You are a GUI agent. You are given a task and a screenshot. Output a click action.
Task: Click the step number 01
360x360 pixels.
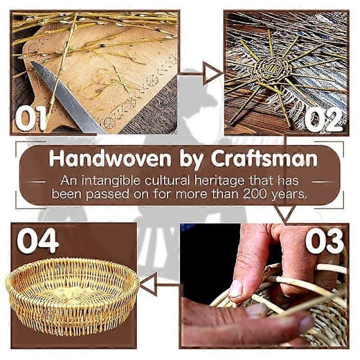click(x=31, y=118)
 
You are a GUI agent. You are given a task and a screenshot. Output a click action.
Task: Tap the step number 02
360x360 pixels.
click(x=324, y=120)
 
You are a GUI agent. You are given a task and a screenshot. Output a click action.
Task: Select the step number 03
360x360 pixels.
click(x=324, y=241)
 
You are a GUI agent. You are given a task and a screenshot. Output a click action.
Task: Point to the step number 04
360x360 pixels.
click(x=38, y=241)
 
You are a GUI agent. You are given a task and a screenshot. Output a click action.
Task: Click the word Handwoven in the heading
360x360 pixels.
click(x=110, y=158)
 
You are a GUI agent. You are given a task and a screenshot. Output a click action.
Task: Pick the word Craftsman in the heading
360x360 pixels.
click(x=264, y=158)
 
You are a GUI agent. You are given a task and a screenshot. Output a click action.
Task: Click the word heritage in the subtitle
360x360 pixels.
click(x=219, y=181)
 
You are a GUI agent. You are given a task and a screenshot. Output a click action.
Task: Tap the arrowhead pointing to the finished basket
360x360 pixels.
click(x=149, y=284)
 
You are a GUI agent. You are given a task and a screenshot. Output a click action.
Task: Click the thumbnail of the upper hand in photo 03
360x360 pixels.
click(x=236, y=289)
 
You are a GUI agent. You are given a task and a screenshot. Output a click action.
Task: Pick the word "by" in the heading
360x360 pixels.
click(x=191, y=160)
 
